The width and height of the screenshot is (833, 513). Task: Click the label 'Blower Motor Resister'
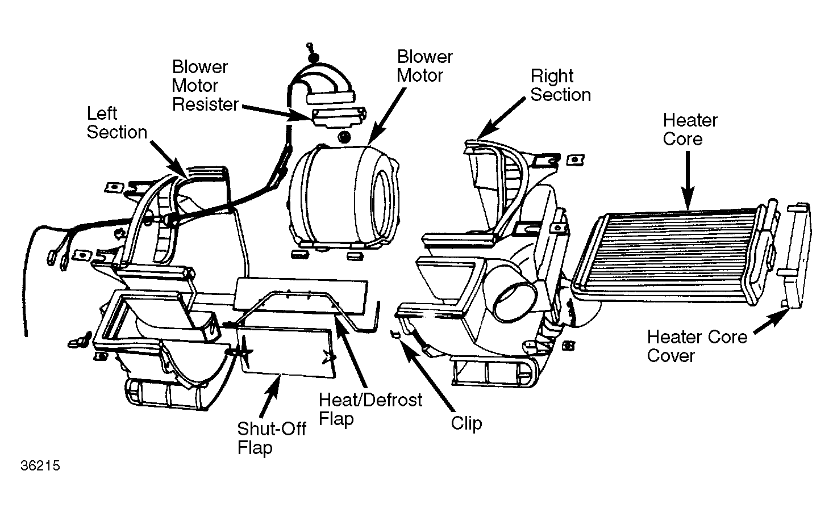pyautogui.click(x=205, y=86)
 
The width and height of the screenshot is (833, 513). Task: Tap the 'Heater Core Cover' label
pyautogui.click(x=697, y=346)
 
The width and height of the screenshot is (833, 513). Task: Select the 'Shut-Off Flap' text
pyautogui.click(x=272, y=438)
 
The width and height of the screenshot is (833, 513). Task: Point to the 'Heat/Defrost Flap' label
pyautogui.click(x=370, y=409)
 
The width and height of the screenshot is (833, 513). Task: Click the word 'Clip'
pyautogui.click(x=467, y=423)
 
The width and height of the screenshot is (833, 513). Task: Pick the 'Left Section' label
pyautogui.click(x=117, y=123)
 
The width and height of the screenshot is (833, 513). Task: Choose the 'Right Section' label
pyautogui.click(x=560, y=86)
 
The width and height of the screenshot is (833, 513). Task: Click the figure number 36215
pyautogui.click(x=40, y=466)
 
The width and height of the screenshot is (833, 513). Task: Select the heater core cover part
pyautogui.click(x=796, y=256)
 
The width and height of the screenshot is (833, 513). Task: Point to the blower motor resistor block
pyautogui.click(x=339, y=117)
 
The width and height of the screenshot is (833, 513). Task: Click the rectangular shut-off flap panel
pyautogui.click(x=286, y=351)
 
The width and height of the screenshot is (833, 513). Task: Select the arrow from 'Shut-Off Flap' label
pyautogui.click(x=269, y=396)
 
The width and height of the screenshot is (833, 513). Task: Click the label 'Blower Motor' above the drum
pyautogui.click(x=424, y=66)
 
